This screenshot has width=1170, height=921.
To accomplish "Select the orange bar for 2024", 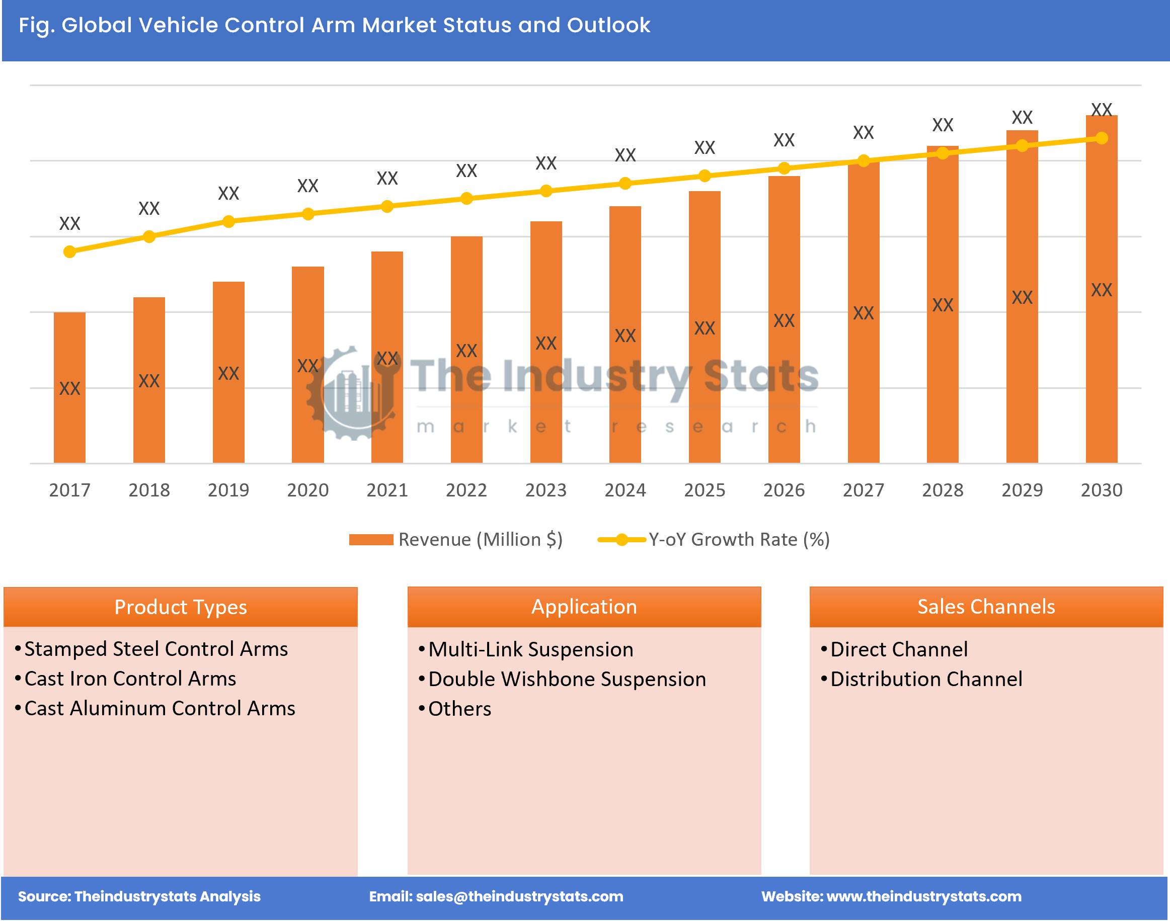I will pos(625,334).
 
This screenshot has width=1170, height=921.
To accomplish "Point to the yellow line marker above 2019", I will pos(228,222).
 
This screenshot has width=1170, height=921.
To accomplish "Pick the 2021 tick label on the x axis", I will pos(387,490).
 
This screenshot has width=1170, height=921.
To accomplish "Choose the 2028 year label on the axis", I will pos(943,490).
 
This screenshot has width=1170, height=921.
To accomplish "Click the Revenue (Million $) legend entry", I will pos(456,540).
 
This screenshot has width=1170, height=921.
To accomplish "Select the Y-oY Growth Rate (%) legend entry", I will pos(714,540).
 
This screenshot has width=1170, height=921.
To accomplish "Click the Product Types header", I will pos(180,607).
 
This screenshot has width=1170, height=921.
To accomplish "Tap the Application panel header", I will pos(584,607).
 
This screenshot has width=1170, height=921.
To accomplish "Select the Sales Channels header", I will pos(986,607).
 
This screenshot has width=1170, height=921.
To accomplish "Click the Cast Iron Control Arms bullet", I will pos(130,679).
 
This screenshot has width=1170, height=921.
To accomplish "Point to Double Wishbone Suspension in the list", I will pos(567,680).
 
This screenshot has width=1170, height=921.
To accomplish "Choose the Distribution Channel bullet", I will pos(925,680).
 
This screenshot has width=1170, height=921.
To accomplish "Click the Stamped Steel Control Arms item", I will pos(156,649).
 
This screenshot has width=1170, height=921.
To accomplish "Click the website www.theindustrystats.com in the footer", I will pos(923,896).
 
